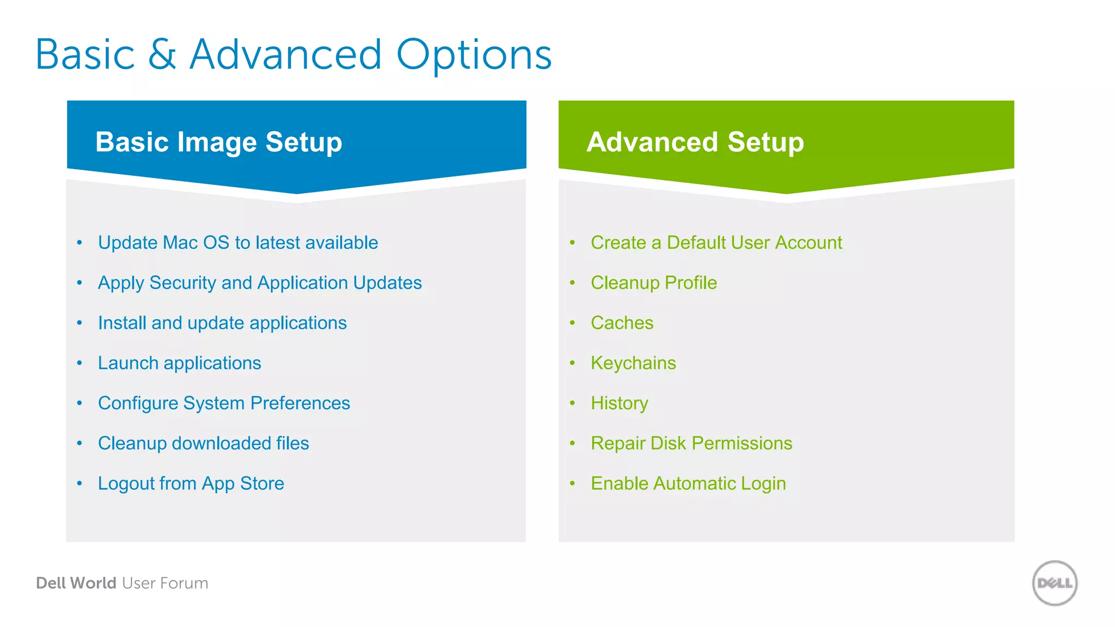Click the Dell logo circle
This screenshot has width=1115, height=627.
click(1055, 583)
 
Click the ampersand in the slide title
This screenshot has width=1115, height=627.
click(162, 55)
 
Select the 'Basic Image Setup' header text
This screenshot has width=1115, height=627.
click(218, 142)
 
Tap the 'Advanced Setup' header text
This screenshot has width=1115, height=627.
click(695, 142)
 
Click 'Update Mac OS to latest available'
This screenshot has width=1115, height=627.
click(238, 243)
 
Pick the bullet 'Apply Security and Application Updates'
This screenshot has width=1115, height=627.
click(260, 283)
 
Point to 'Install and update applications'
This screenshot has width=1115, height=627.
click(222, 323)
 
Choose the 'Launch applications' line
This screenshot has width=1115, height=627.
click(179, 363)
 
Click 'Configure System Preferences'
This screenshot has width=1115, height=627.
click(224, 403)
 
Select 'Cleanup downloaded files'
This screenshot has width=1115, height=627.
click(203, 444)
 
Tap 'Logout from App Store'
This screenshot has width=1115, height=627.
click(191, 483)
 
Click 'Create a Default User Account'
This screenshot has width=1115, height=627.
click(716, 243)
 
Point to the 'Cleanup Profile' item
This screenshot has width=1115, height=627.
click(653, 283)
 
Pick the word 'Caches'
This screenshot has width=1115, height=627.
click(622, 323)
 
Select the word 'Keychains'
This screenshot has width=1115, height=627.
click(633, 363)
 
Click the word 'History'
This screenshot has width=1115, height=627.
click(619, 403)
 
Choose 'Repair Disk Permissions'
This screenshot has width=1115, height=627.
click(691, 444)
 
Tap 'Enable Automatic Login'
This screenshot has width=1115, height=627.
click(688, 483)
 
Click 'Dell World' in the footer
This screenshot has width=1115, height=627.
click(76, 583)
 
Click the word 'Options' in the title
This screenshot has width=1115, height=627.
click(474, 55)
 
